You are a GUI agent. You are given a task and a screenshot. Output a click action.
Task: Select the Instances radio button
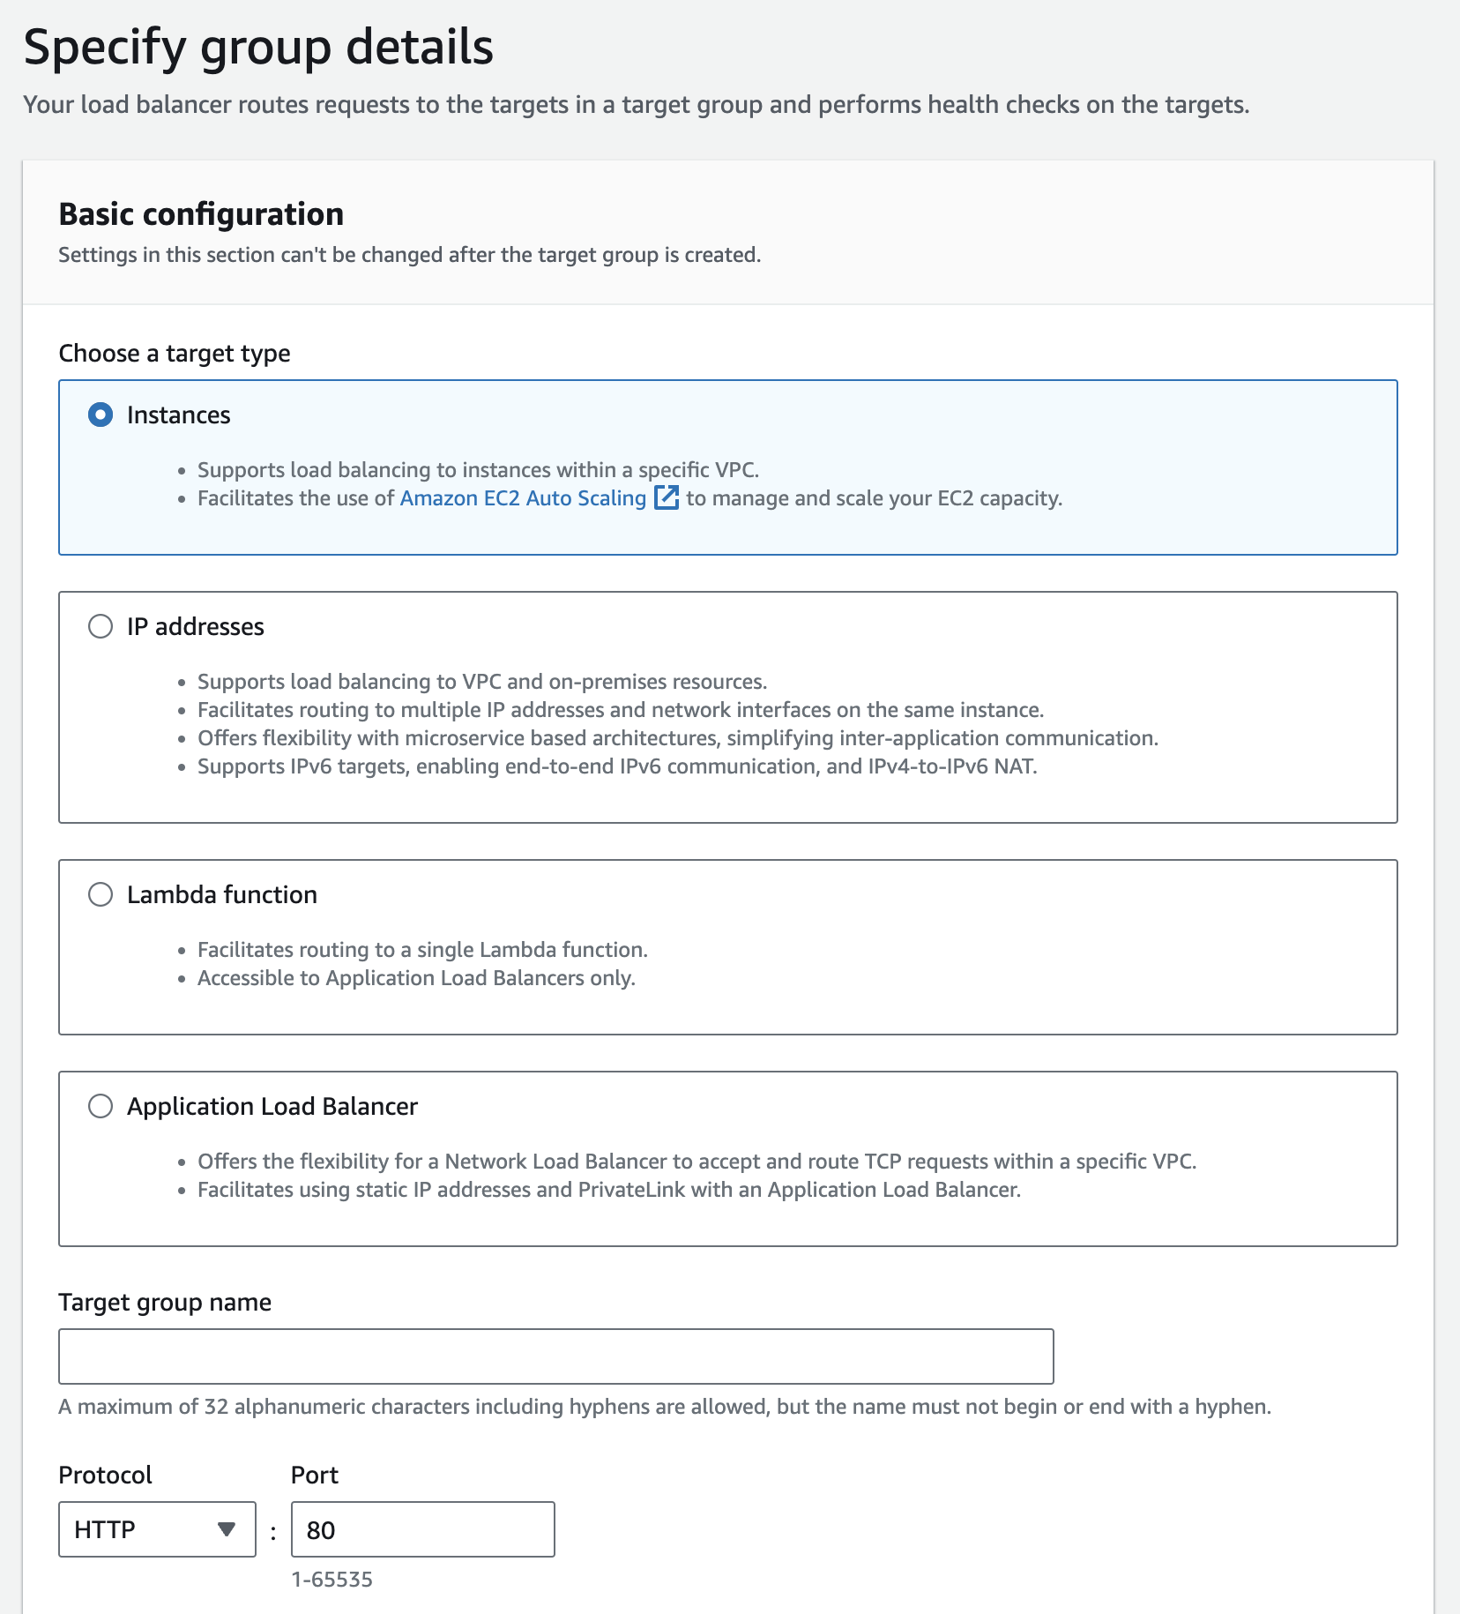click(101, 415)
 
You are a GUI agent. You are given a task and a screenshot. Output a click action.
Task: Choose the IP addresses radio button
click(101, 626)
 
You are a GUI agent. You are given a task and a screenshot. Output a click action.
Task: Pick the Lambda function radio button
click(101, 894)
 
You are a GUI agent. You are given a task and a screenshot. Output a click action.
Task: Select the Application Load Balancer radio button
click(101, 1106)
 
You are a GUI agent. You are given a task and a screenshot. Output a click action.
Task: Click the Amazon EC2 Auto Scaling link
click(523, 498)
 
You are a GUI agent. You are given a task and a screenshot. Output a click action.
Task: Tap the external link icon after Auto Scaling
click(667, 497)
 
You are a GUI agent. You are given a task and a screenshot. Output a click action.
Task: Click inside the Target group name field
click(555, 1356)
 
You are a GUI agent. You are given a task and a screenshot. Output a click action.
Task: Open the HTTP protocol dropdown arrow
click(227, 1529)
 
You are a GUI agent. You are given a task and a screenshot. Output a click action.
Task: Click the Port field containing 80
click(422, 1529)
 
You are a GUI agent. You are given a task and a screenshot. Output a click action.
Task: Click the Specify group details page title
click(258, 47)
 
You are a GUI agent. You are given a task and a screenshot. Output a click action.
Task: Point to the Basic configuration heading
click(201, 214)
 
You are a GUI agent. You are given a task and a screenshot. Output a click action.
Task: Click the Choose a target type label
click(175, 354)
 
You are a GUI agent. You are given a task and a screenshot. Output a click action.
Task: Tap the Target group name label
click(165, 1303)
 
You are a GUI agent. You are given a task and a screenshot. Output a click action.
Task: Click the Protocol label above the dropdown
click(105, 1475)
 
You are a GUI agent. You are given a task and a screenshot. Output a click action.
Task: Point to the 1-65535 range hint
click(331, 1579)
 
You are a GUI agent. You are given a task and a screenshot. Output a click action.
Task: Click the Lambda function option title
click(222, 894)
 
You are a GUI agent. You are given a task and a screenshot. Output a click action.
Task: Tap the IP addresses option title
click(196, 626)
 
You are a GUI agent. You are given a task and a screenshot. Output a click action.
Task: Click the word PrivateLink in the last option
click(631, 1190)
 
